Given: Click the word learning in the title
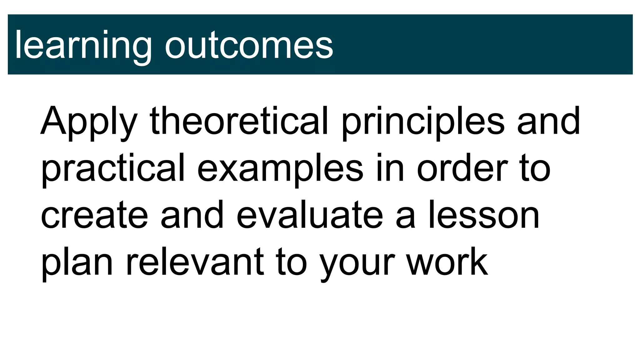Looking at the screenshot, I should (x=83, y=45).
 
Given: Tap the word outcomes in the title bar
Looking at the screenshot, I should (x=249, y=45).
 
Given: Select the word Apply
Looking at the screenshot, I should (x=89, y=122).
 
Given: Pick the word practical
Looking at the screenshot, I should (x=113, y=169).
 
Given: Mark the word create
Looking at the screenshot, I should (x=94, y=216).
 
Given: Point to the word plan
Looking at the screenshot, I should (x=77, y=262).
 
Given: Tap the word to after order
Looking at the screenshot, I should (x=535, y=169).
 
